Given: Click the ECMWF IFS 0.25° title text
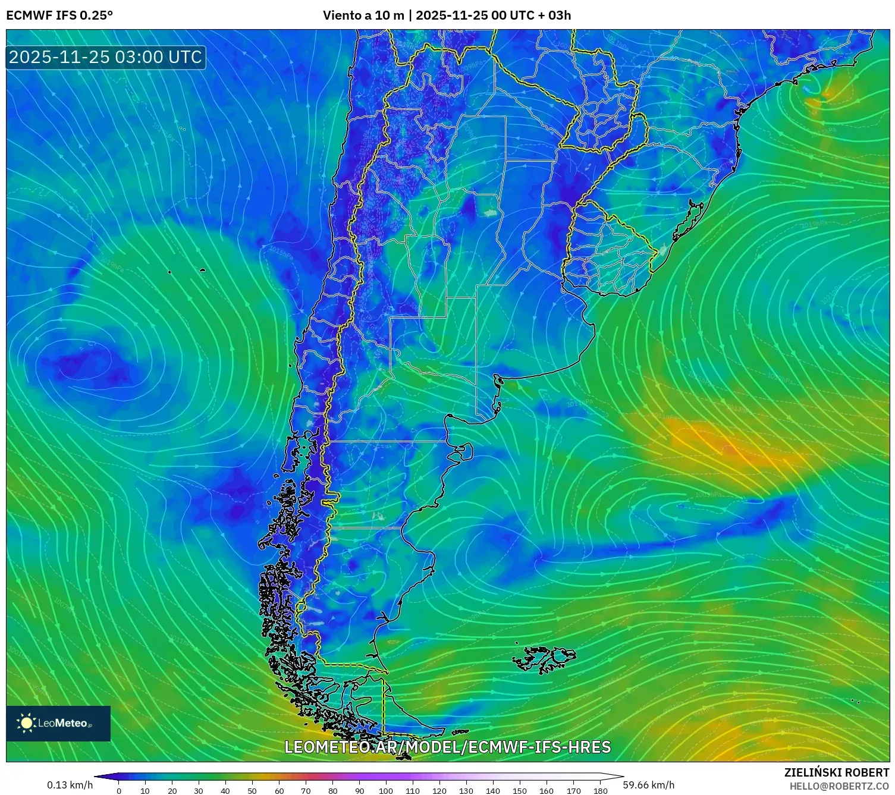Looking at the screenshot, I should (59, 15).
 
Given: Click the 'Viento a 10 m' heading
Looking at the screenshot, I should (363, 15).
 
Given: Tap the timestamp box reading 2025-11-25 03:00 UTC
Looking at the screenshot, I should (106, 57).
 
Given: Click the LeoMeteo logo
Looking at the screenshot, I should (58, 723).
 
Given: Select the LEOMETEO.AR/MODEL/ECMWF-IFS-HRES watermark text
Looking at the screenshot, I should (447, 747).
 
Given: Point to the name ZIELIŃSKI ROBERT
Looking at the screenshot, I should (837, 772).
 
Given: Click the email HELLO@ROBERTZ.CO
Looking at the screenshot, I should (839, 786).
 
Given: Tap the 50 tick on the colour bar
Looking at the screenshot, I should (252, 790).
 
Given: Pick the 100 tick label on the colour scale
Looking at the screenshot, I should (386, 790).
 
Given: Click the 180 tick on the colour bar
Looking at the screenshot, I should (600, 790).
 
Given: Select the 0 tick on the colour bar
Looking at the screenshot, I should (119, 790).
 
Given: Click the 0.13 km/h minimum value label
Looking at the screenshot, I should (70, 785).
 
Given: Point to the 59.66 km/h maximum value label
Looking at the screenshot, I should (649, 785).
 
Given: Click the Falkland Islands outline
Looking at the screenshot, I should (544, 659).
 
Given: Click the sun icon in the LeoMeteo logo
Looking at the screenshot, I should (27, 723).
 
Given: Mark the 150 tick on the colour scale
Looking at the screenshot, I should (520, 790).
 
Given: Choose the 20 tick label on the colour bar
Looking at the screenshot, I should (172, 790).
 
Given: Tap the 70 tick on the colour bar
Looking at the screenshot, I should (306, 790).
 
